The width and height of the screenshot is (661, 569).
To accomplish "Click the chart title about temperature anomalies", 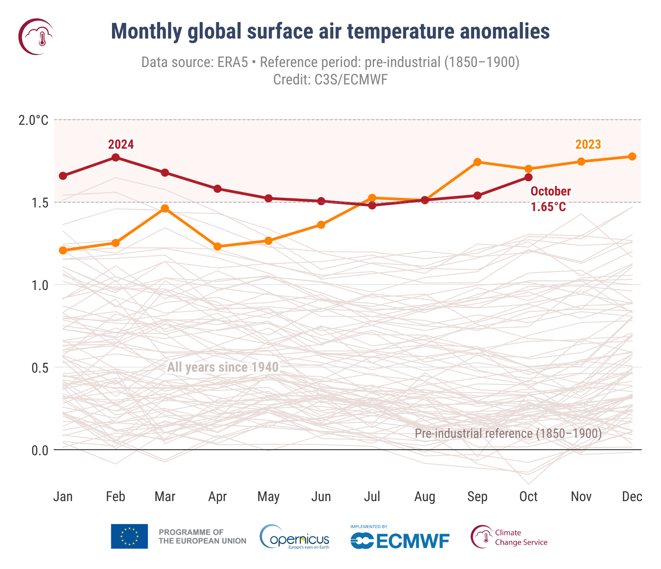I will coord(330,32).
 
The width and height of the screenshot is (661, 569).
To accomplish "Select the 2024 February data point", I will coord(116,157).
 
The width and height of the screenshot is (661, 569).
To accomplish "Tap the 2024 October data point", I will coord(528,177).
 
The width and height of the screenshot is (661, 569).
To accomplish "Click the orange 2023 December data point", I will coord(632,156).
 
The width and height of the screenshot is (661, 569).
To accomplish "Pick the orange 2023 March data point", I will coord(165,208).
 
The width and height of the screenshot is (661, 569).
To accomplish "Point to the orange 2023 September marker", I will coord(477,162).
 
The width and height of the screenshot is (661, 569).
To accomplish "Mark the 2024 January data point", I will coord(63,176).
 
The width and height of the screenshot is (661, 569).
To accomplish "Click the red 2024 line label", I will coord(121,145).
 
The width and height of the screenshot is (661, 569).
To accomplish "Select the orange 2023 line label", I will coord(588,145).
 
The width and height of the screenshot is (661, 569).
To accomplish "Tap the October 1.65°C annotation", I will coord(550,199).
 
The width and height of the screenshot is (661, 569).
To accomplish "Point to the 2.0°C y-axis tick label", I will coord(33,120).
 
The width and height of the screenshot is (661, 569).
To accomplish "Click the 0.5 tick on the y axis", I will coord(39,368).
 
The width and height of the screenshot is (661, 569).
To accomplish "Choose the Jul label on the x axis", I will coord(372,496).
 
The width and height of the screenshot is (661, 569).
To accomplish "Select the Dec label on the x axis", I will coord(632,496).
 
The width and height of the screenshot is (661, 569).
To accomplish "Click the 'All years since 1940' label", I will coord(223,367).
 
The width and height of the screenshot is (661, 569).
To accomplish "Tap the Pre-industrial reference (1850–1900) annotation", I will coord(508,434).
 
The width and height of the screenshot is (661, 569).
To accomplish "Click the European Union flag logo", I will coord(129,536).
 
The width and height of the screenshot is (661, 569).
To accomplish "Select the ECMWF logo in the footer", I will coord(400,538).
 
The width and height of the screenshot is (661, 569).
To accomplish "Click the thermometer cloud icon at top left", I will coord(36,36).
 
